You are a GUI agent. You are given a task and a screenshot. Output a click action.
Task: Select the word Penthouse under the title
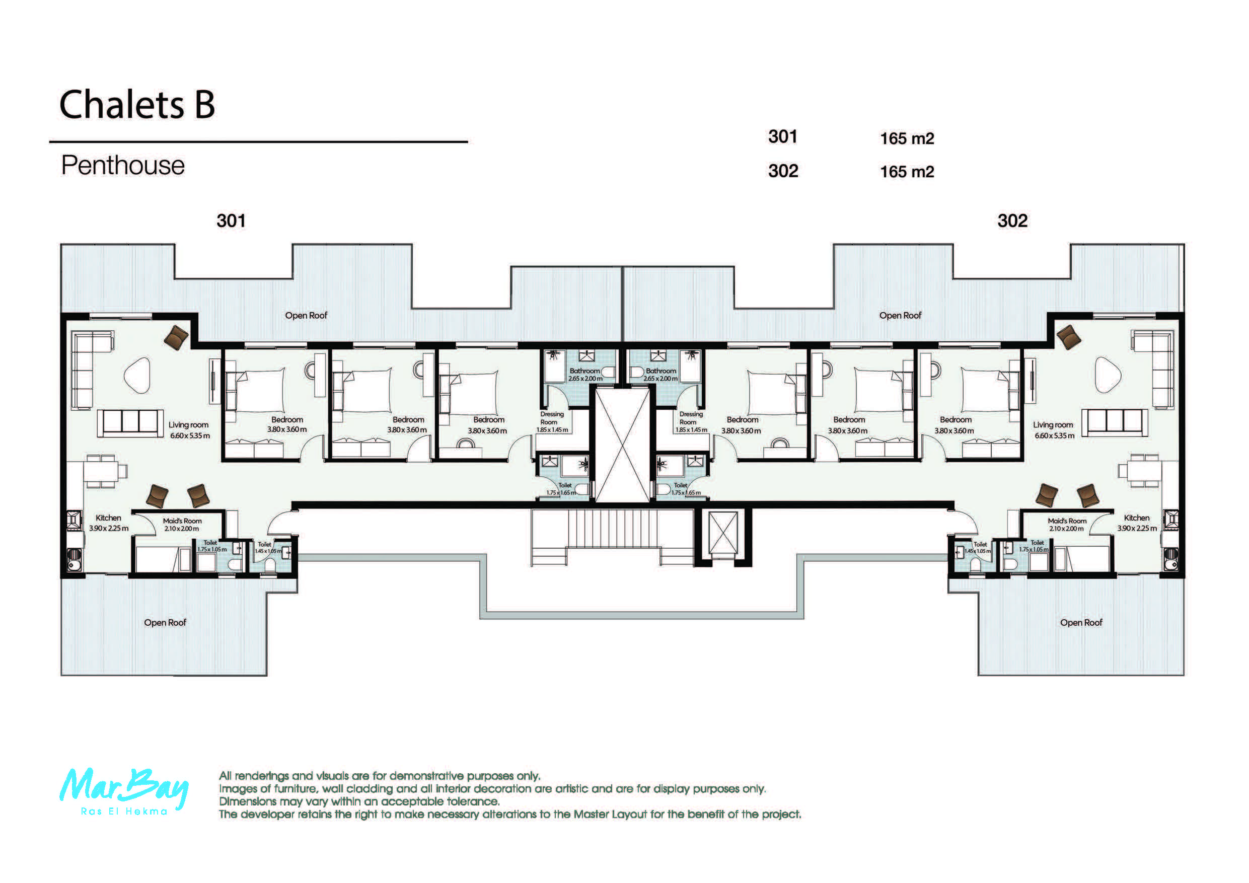pyautogui.click(x=123, y=166)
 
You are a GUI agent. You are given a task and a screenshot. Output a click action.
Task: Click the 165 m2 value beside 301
pyautogui.click(x=907, y=139)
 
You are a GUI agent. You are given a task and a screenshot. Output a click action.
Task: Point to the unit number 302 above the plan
pyautogui.click(x=1012, y=221)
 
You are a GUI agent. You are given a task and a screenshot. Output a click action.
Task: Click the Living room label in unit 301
pyautogui.click(x=188, y=425)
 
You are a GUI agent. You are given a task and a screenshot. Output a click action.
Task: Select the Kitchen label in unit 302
pyautogui.click(x=1136, y=518)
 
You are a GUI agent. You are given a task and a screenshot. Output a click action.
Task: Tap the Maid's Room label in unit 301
pyautogui.click(x=182, y=521)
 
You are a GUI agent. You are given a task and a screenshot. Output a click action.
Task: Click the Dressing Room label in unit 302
pyautogui.click(x=690, y=418)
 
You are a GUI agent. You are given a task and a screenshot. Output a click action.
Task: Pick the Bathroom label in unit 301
pyautogui.click(x=584, y=371)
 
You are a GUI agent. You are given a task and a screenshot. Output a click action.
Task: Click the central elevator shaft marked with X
pyautogui.click(x=622, y=444)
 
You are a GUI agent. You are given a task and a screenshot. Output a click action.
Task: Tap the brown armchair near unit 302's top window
pyautogui.click(x=1068, y=337)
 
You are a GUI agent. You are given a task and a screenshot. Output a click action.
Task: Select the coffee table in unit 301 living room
pyautogui.click(x=137, y=375)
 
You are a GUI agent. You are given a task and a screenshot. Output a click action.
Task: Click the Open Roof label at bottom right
pyautogui.click(x=1081, y=622)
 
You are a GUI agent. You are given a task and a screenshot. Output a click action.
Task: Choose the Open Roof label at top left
pyautogui.click(x=306, y=316)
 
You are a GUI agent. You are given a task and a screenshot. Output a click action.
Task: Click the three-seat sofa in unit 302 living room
pyautogui.click(x=1115, y=423)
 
